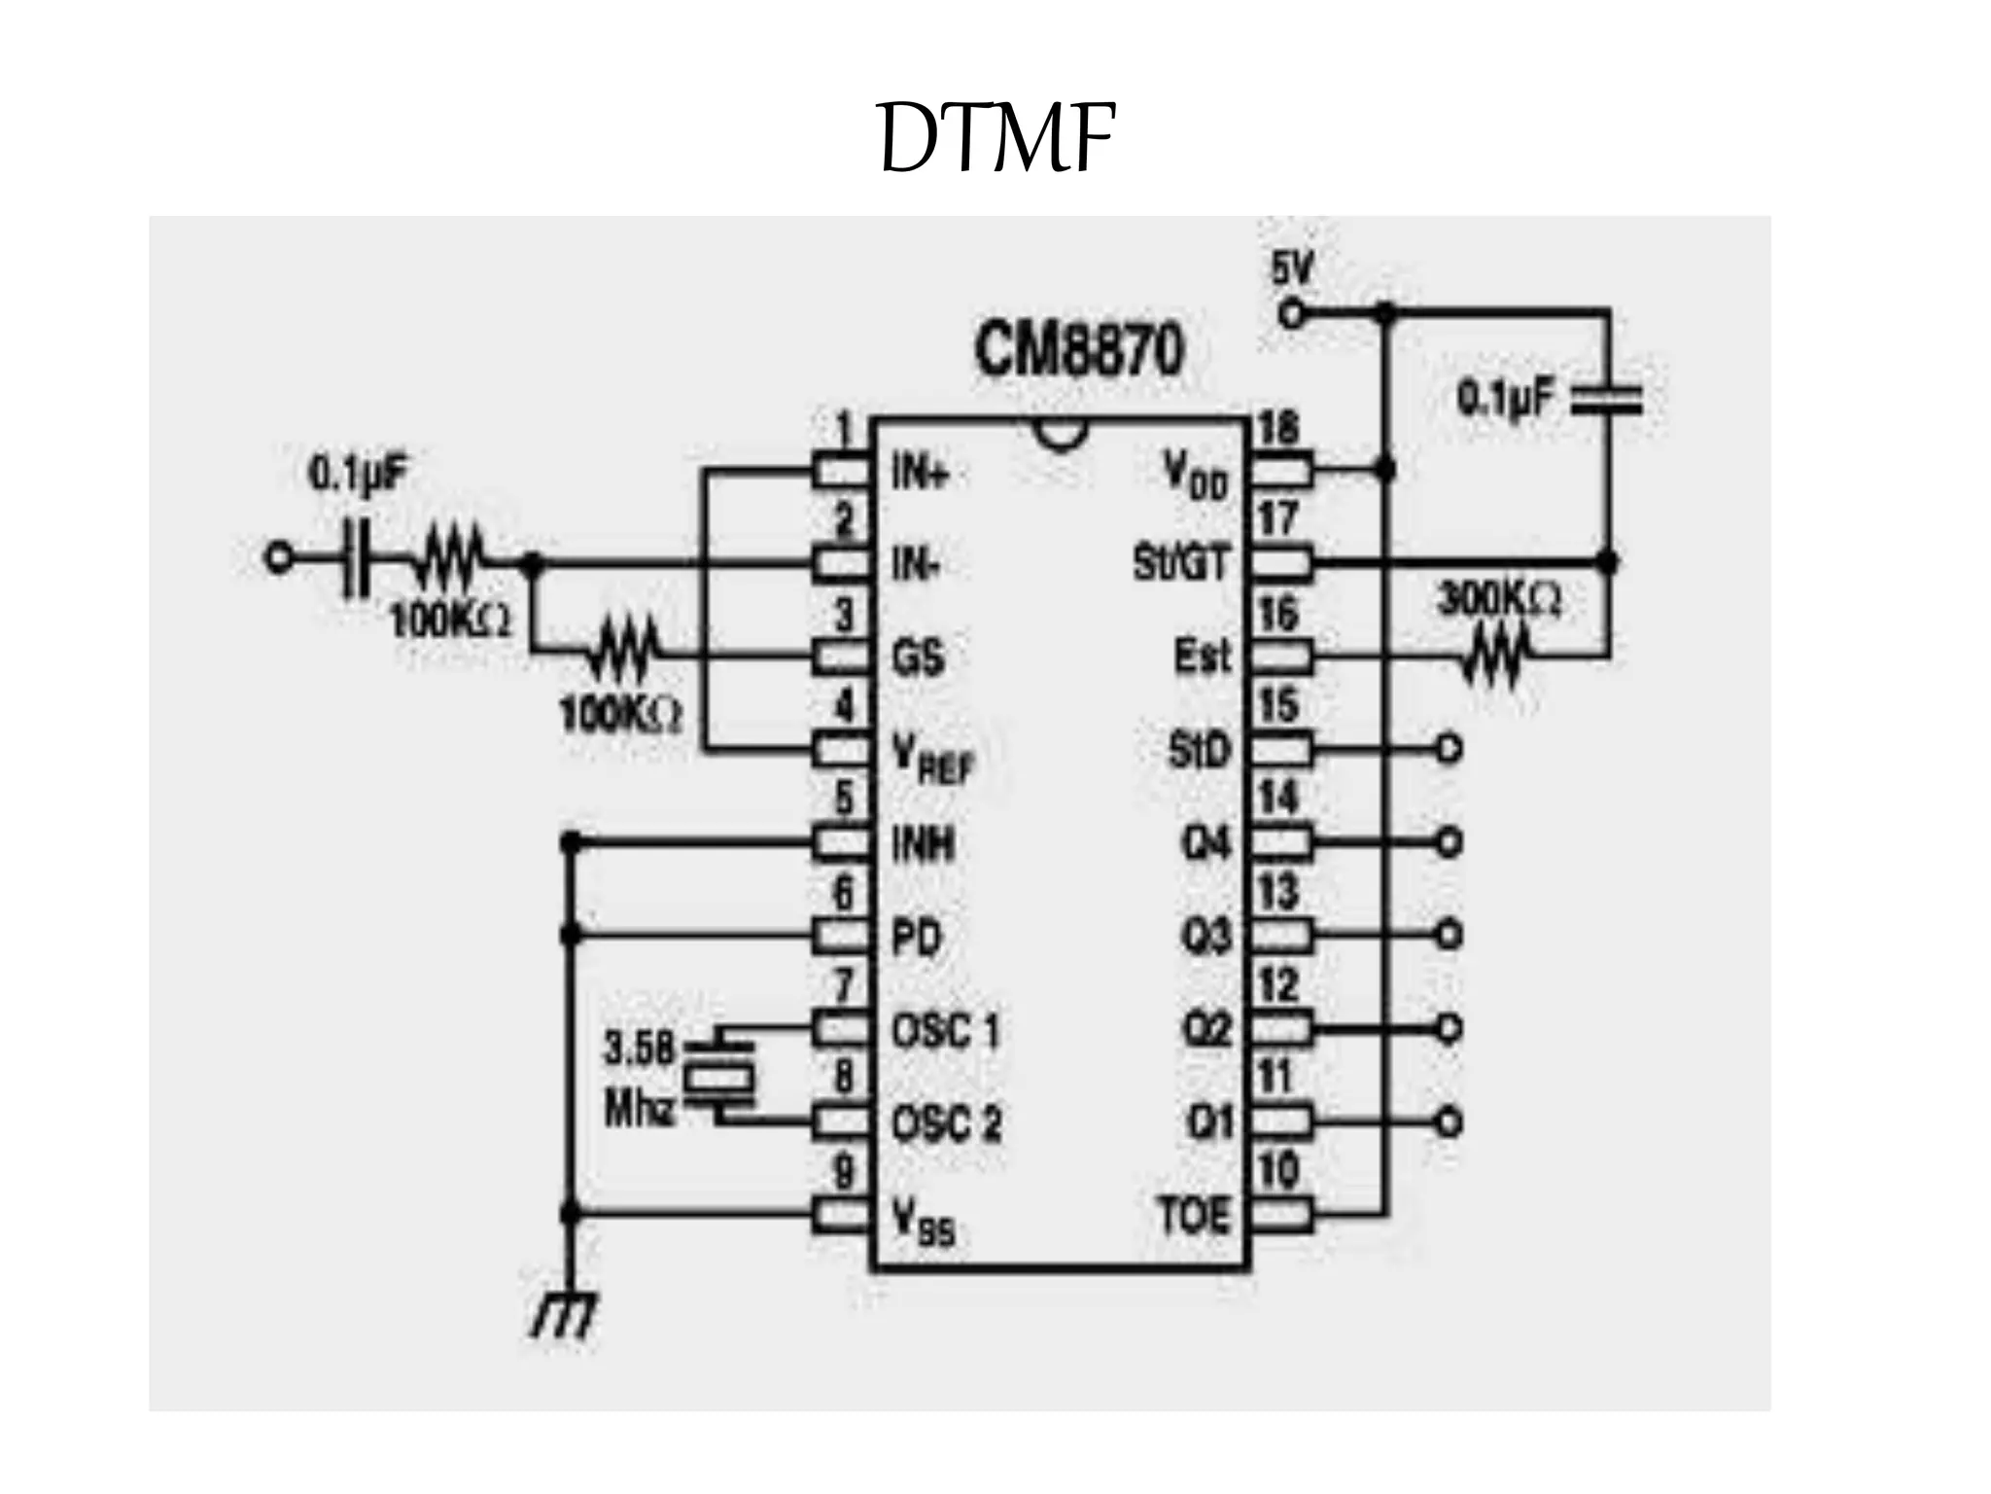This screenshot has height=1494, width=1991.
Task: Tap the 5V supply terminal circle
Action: [x=1291, y=313]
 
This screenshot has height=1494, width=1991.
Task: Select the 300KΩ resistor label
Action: [x=1499, y=600]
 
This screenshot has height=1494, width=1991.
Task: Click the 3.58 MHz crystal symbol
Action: [x=719, y=1077]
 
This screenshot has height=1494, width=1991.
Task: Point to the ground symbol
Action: [x=566, y=1318]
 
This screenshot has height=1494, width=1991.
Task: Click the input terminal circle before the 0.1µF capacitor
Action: [x=279, y=559]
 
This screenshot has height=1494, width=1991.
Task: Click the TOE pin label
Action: [x=1194, y=1216]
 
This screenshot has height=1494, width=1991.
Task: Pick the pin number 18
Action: [x=1277, y=429]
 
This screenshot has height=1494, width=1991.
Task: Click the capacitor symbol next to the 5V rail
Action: [x=1607, y=399]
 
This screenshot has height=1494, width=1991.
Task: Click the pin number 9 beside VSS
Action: [x=844, y=1171]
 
